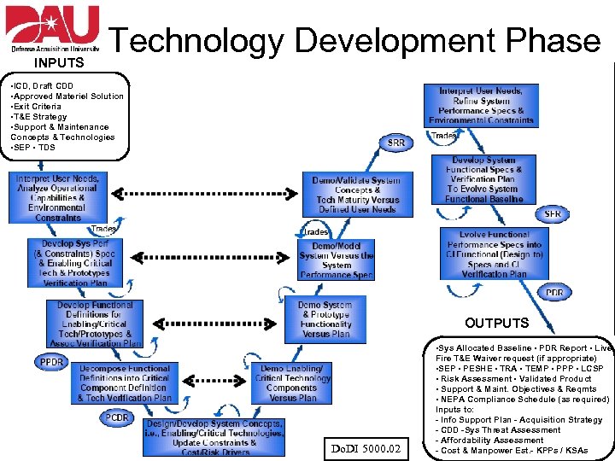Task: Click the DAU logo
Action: (53, 27)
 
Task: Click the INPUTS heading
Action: (59, 63)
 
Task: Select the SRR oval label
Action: (395, 143)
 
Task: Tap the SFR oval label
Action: (553, 213)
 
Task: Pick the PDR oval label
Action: (554, 293)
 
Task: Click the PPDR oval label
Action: (52, 362)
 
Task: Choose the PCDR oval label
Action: (118, 417)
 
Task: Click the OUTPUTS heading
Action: (496, 324)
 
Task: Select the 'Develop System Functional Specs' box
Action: (484, 179)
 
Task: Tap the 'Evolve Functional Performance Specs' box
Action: (494, 254)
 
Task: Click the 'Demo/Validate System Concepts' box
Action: (357, 195)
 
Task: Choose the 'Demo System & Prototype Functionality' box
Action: (325, 318)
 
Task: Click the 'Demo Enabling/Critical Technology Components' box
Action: (291, 382)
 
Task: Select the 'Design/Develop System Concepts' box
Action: (214, 437)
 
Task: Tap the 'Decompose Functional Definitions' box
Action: (125, 383)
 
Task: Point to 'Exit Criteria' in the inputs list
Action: (41, 107)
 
